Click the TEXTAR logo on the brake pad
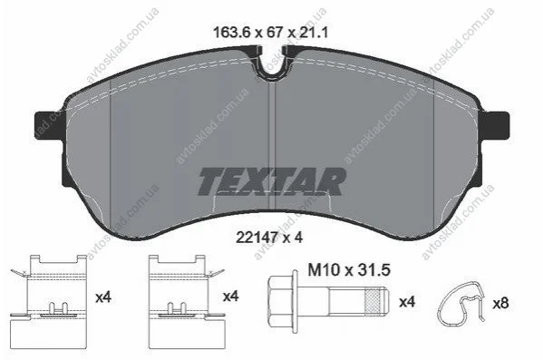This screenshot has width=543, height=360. pyautogui.click(x=272, y=181)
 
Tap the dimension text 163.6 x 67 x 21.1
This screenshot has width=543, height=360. pyautogui.click(x=270, y=33)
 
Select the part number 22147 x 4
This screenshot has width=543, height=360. pyautogui.click(x=269, y=238)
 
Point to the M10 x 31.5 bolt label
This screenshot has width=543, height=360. pyautogui.click(x=349, y=270)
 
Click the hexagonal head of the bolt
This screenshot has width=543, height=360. pyautogui.click(x=280, y=299)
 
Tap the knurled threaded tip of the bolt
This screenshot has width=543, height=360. pyautogui.click(x=377, y=299)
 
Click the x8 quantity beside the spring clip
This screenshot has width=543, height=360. pyautogui.click(x=500, y=304)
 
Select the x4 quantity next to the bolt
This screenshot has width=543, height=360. pyautogui.click(x=407, y=302)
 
